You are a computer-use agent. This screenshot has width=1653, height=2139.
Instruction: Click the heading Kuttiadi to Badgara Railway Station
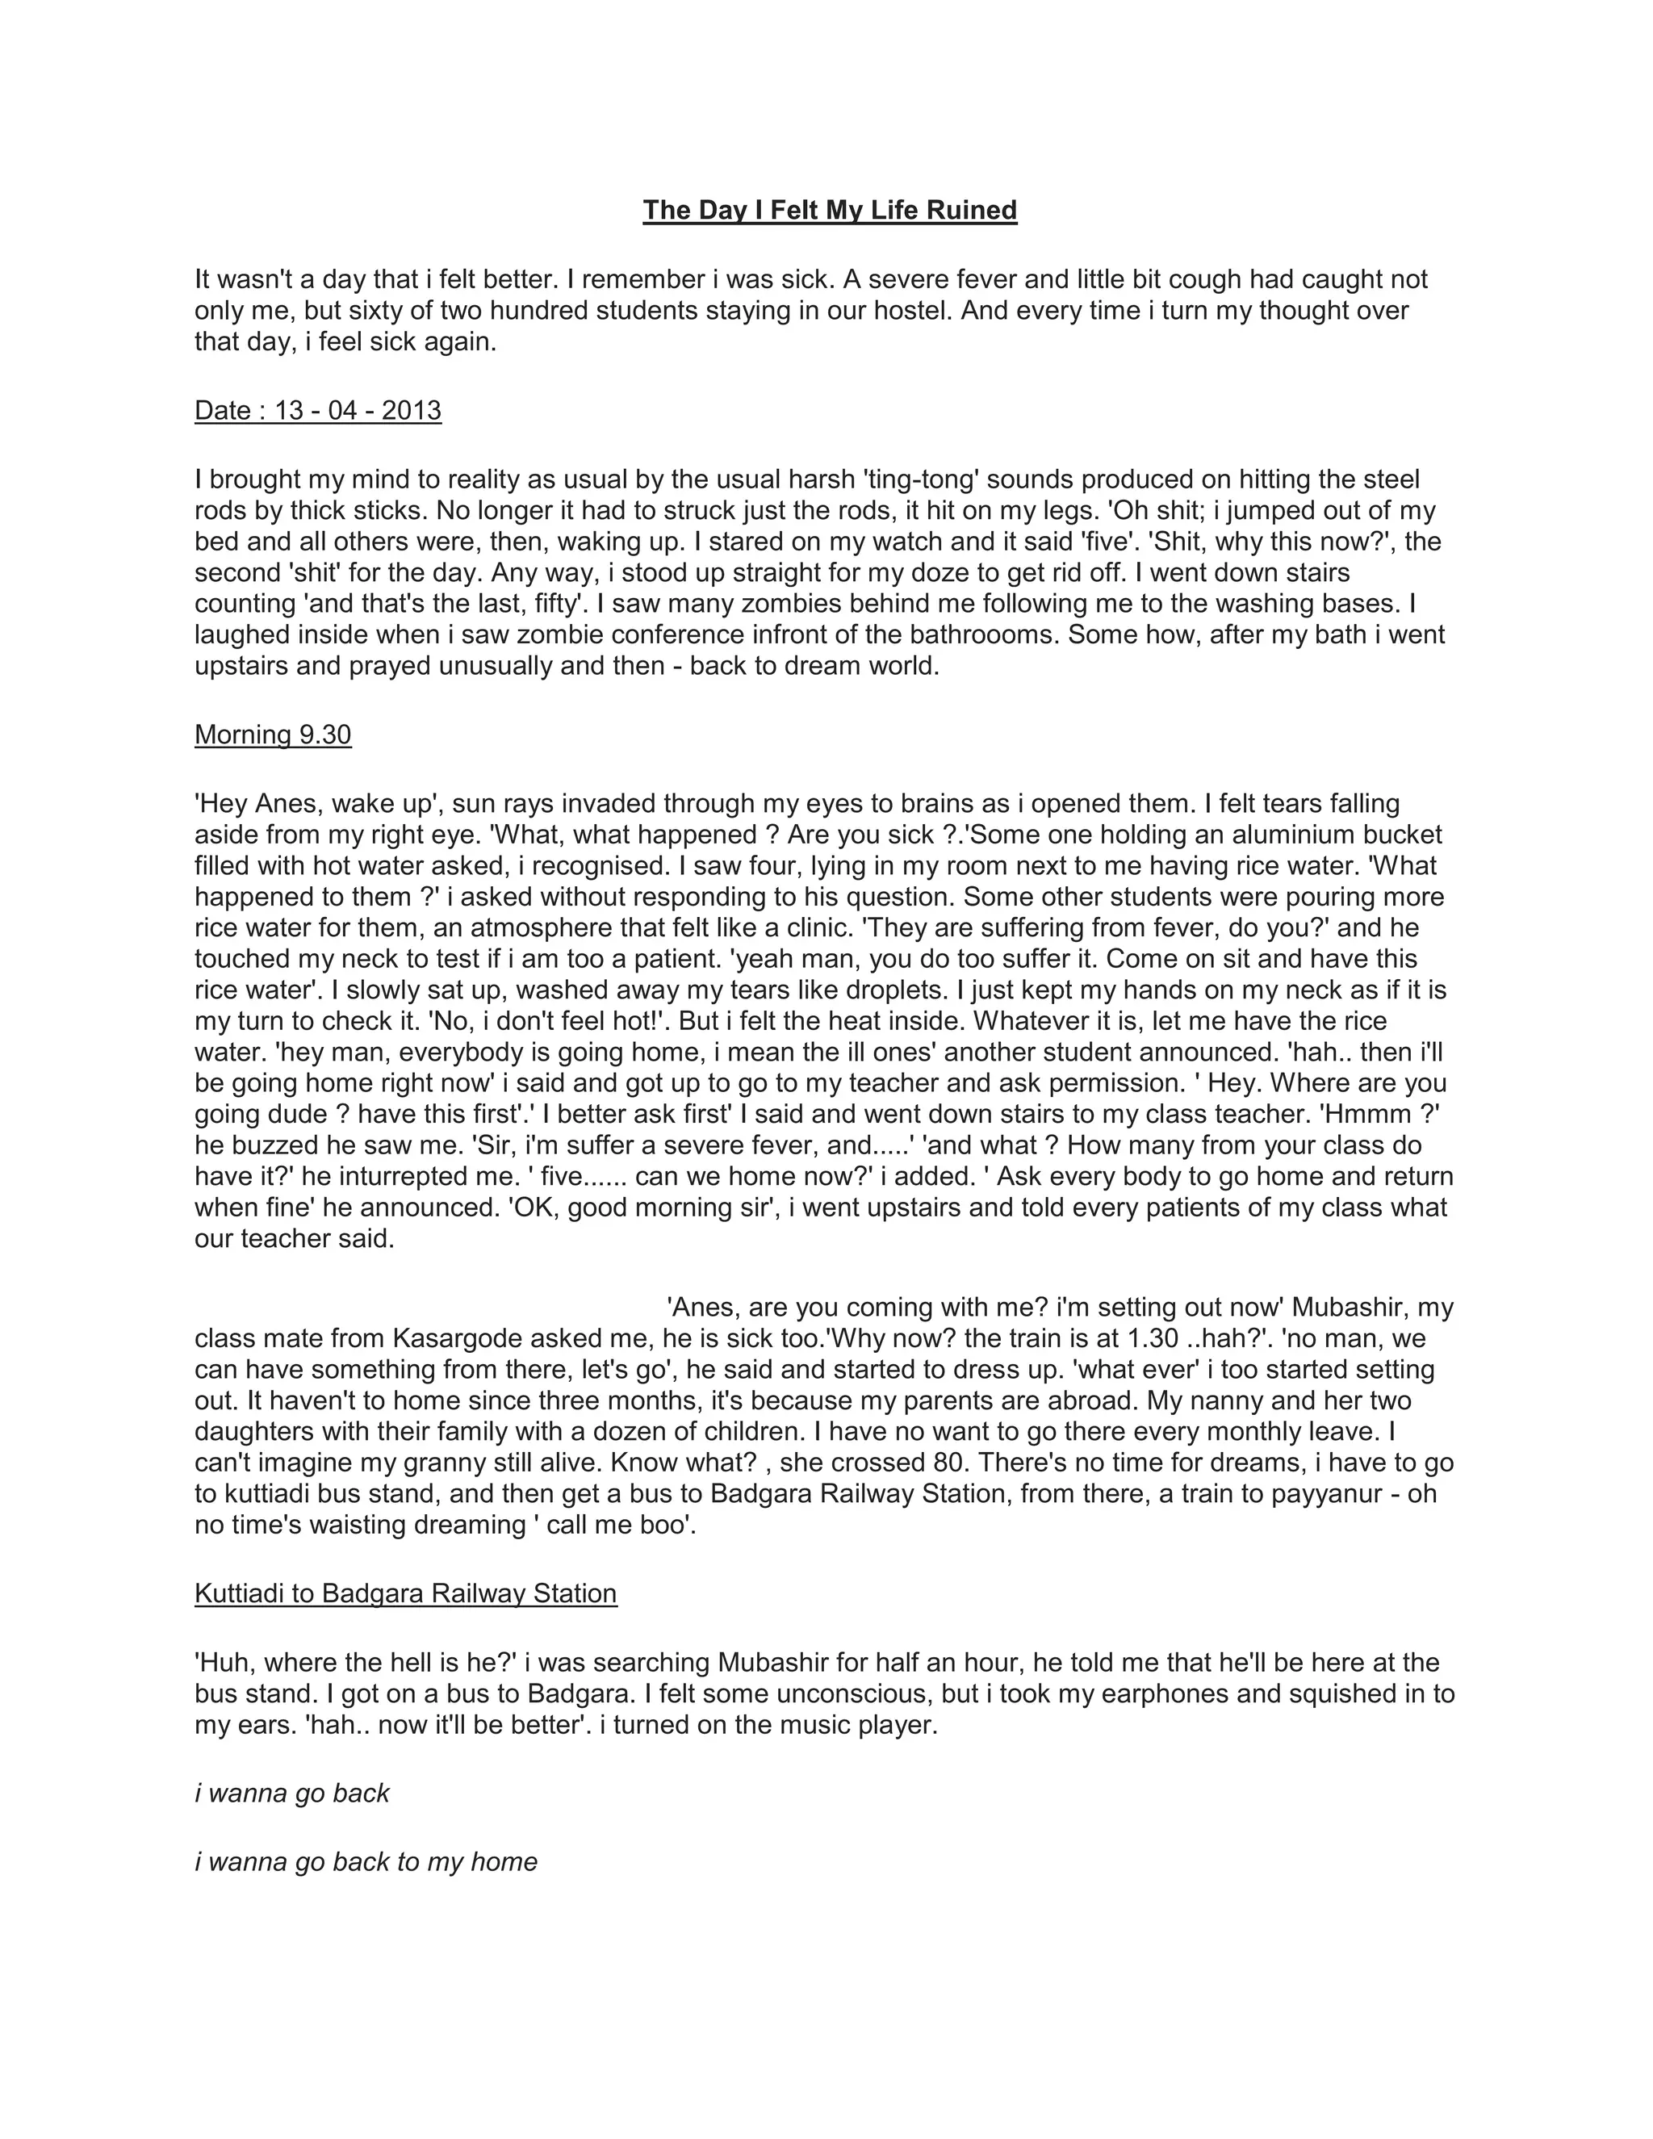coord(405,1593)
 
